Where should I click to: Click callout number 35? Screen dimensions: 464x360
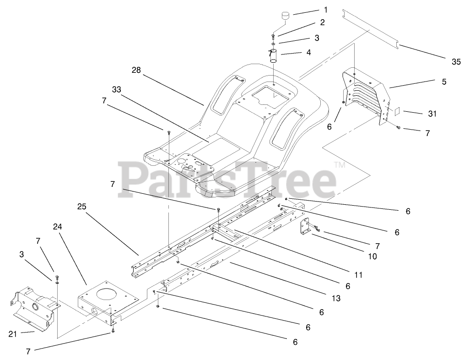pyautogui.click(x=455, y=62)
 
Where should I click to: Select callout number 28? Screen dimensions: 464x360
pyautogui.click(x=136, y=70)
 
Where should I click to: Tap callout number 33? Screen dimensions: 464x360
pyautogui.click(x=116, y=90)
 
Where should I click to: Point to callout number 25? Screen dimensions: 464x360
pyautogui.click(x=82, y=207)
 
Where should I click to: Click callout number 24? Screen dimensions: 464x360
pyautogui.click(x=57, y=226)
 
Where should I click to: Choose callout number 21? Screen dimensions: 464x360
pyautogui.click(x=12, y=334)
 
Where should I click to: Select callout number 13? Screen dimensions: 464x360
pyautogui.click(x=336, y=299)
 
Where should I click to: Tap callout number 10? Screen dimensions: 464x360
pyautogui.click(x=372, y=256)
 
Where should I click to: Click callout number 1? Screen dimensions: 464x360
pyautogui.click(x=326, y=9)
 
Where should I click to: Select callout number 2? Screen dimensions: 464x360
pyautogui.click(x=322, y=22)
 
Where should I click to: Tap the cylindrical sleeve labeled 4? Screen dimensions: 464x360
pyautogui.click(x=273, y=55)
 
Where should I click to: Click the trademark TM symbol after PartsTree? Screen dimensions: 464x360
pyautogui.click(x=339, y=165)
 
